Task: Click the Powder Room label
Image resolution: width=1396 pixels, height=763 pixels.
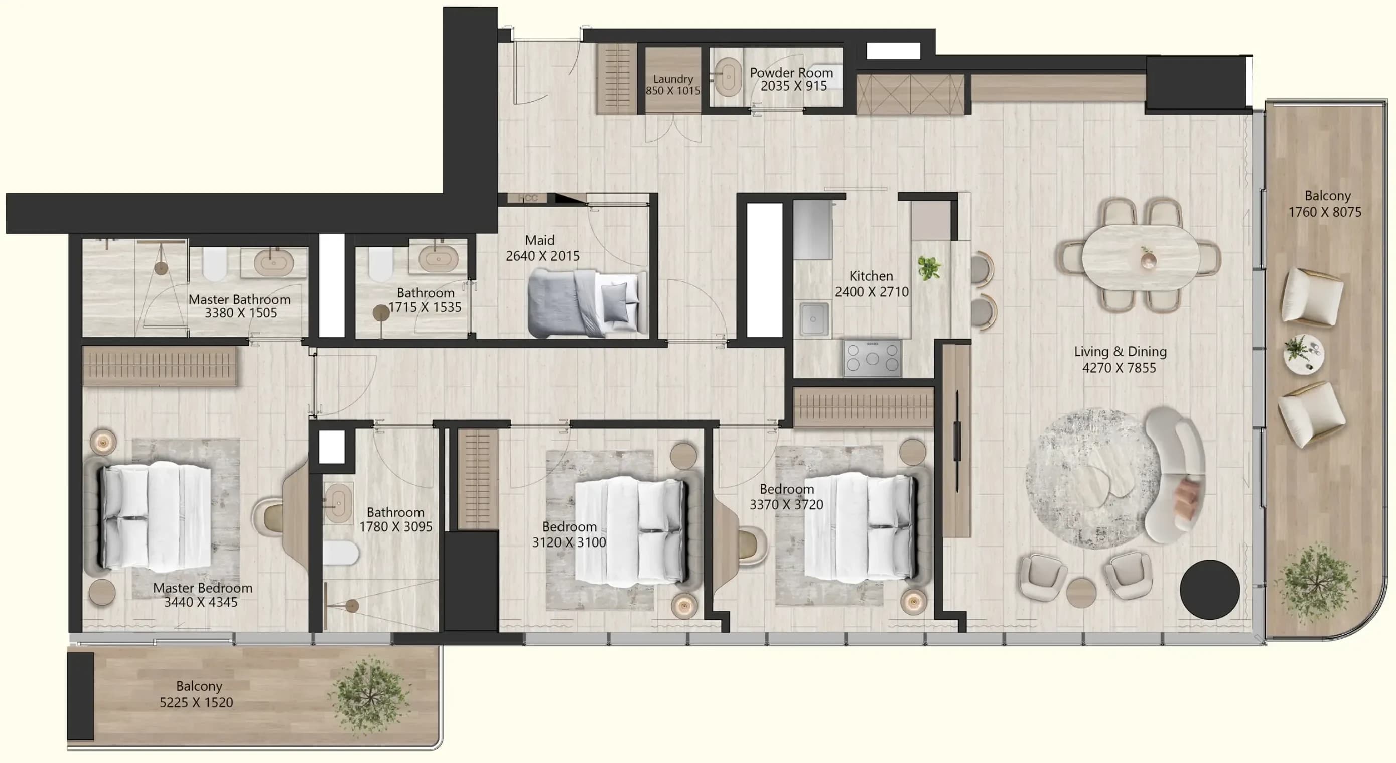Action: (791, 73)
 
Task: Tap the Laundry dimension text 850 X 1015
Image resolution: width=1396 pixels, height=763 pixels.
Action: (673, 91)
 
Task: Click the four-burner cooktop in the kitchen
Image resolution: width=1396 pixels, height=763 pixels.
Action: (872, 358)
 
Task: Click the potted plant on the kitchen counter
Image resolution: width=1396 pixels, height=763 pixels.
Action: (929, 268)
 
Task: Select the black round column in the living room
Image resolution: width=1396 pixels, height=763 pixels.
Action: (1209, 590)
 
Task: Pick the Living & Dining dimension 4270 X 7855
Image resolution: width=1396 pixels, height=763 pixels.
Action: (1119, 368)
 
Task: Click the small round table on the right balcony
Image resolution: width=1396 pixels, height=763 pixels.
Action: (1303, 354)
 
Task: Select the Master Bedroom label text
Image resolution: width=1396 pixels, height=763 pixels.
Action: (203, 588)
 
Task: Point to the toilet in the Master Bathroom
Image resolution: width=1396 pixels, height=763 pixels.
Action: (215, 264)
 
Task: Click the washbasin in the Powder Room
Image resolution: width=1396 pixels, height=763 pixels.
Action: (728, 77)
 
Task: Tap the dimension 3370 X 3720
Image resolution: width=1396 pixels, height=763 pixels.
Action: (786, 504)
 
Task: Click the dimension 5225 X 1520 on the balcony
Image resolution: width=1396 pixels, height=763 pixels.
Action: (196, 702)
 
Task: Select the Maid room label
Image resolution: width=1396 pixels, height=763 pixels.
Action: (540, 240)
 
